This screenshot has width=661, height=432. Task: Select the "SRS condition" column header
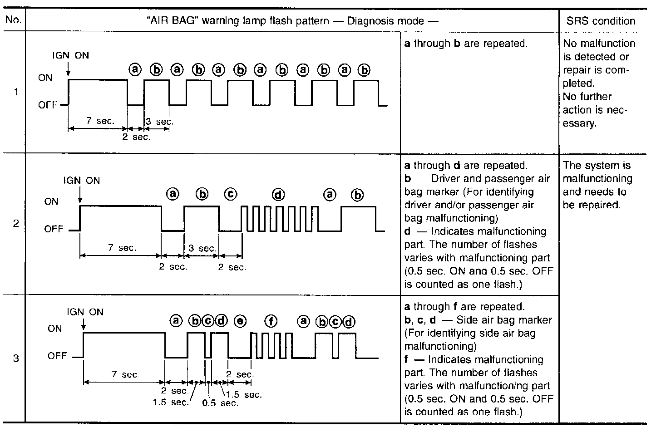point(601,21)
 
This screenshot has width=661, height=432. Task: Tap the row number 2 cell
point(16,223)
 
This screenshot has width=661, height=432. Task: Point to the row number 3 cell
point(16,358)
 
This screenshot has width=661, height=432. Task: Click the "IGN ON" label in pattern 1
point(71,55)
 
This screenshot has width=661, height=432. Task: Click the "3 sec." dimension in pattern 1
point(159,122)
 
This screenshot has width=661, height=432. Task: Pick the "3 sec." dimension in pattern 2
point(202,248)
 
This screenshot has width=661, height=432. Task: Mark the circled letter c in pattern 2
point(231,194)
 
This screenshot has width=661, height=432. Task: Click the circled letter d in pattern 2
point(278,195)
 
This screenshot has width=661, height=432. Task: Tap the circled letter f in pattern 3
point(271,321)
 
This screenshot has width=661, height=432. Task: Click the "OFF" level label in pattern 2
point(54,229)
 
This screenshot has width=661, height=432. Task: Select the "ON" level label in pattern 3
point(54,328)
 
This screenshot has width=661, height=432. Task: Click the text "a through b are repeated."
point(466,44)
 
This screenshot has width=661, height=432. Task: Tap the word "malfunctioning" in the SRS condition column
point(597,178)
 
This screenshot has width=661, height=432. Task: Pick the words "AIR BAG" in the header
point(172,21)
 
